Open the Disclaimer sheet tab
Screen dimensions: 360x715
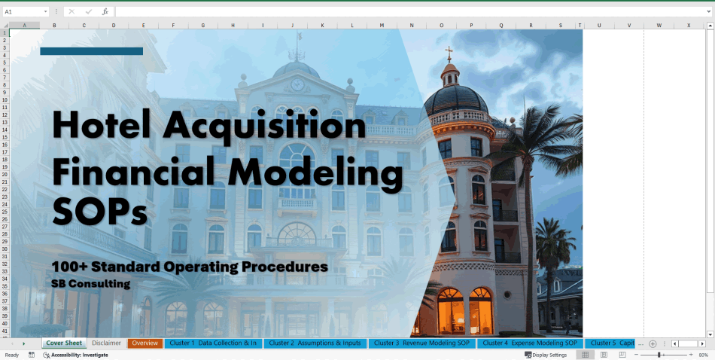click(106, 343)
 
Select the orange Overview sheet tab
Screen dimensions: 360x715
click(145, 343)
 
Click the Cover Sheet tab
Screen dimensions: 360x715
click(64, 343)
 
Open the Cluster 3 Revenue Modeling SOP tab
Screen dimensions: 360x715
click(421, 343)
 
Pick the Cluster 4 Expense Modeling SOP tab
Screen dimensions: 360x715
click(529, 343)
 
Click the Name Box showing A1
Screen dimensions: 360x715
click(23, 11)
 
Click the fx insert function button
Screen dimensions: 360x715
click(105, 11)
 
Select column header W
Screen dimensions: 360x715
click(659, 25)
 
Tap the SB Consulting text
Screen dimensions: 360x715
click(91, 284)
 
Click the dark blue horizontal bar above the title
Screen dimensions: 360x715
click(91, 51)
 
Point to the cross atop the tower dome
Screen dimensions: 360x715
click(450, 53)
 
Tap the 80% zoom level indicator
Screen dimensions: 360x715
click(704, 355)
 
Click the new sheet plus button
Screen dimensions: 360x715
click(653, 343)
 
